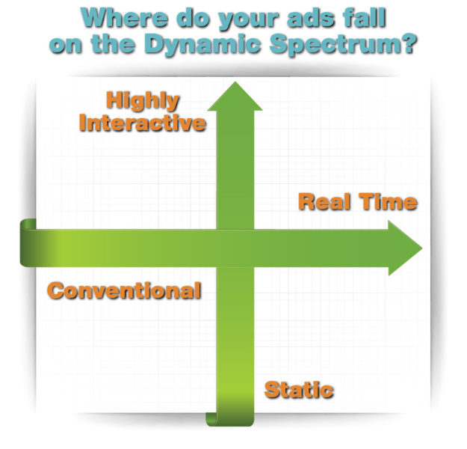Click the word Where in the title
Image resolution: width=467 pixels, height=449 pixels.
pos(125,18)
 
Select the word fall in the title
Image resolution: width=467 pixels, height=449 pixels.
pos(365,18)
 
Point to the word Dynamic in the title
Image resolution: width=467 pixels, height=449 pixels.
pos(202,45)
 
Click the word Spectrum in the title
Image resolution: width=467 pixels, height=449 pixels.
pos(333,45)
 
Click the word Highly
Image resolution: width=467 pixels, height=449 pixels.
pos(143,102)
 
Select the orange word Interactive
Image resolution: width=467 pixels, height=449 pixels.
pos(143,123)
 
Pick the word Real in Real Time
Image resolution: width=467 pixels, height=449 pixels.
pos(324,202)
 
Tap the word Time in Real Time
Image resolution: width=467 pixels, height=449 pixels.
pos(388,202)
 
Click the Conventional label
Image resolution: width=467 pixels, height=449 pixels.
pos(124,290)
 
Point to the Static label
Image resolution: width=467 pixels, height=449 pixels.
pos(299,390)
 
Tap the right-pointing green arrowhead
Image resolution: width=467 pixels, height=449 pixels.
pos(405,248)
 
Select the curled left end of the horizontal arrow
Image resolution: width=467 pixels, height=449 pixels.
pos(28,242)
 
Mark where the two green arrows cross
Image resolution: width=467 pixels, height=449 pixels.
pos(235,248)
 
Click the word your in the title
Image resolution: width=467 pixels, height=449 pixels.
pos(249,19)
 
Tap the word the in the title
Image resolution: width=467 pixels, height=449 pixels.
pos(113,44)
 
